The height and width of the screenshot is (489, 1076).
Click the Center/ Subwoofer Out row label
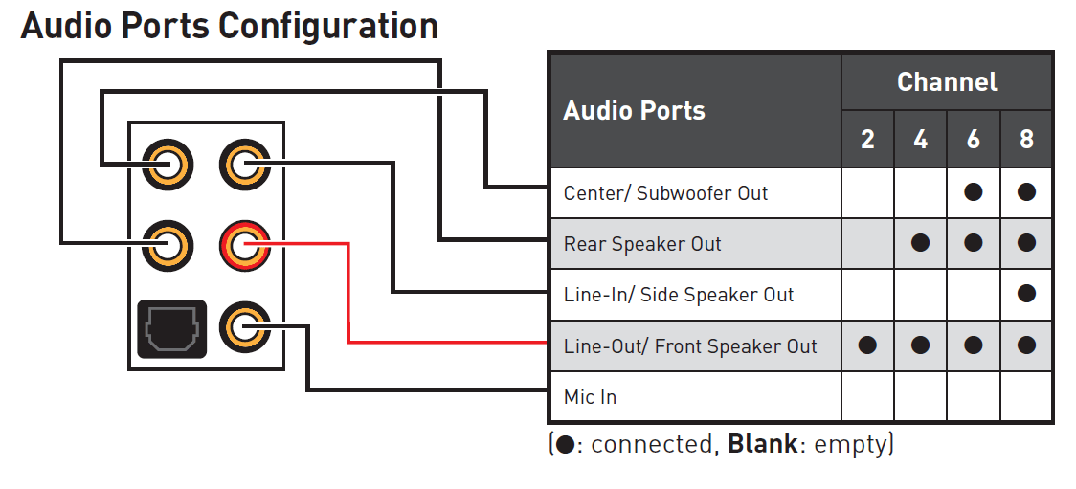point(665,193)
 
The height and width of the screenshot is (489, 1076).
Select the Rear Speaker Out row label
point(642,244)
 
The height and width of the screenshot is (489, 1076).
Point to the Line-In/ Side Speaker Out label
point(679,295)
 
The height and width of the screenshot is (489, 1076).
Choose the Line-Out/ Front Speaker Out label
point(690,346)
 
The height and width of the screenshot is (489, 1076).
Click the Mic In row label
point(590,397)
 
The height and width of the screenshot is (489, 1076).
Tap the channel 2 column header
point(867,140)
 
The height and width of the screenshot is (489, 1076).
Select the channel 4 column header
point(920,140)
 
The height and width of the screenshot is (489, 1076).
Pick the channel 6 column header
point(973,140)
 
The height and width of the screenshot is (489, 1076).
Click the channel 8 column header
point(1026,140)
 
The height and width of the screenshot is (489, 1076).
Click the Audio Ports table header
point(634,111)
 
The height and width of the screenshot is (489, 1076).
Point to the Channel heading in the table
point(947,82)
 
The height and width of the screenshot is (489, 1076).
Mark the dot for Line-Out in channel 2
point(867,345)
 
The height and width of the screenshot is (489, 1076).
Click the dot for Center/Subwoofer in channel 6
point(974,192)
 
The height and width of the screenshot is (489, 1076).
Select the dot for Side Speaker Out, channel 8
point(1026,295)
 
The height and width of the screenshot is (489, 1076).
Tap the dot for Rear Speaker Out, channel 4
point(920,243)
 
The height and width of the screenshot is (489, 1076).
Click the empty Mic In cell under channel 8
point(1026,396)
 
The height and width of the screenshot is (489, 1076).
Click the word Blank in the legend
point(762,445)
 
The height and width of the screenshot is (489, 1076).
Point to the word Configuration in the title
point(328,26)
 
